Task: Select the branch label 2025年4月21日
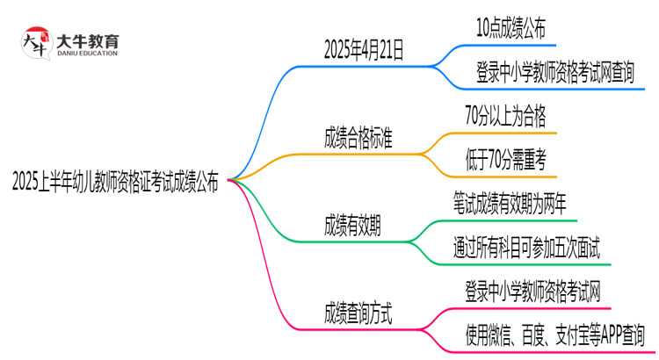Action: [364, 50]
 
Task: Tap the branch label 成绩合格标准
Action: [358, 137]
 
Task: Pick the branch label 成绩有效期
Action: [352, 224]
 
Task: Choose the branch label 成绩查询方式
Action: [358, 311]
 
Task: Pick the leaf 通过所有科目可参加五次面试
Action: [527, 246]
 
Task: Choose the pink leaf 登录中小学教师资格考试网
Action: [532, 289]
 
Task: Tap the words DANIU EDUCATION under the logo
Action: [87, 53]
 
